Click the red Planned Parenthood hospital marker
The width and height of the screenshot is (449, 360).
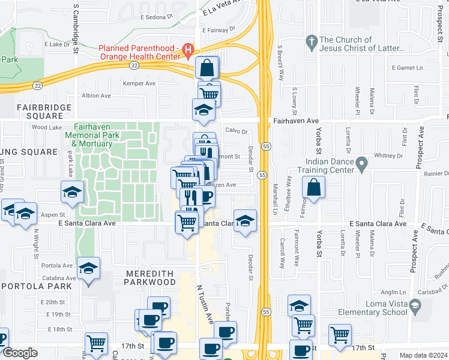click(x=188, y=49)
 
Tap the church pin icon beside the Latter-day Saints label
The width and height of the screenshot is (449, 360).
click(x=311, y=41)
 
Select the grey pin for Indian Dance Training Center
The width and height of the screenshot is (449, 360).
click(x=361, y=163)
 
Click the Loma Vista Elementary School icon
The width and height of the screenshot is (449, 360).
click(x=415, y=308)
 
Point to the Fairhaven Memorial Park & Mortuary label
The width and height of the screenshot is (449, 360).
click(x=94, y=136)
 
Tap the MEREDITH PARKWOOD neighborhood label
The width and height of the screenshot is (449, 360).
click(x=150, y=278)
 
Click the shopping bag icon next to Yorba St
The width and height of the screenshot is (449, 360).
click(x=313, y=188)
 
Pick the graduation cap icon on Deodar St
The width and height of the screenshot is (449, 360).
click(x=245, y=223)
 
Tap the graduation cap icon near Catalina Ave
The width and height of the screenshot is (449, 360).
click(x=88, y=269)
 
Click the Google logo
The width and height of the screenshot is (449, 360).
click(x=20, y=353)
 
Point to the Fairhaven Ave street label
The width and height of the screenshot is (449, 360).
click(x=296, y=121)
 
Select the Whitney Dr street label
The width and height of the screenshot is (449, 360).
click(x=387, y=155)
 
